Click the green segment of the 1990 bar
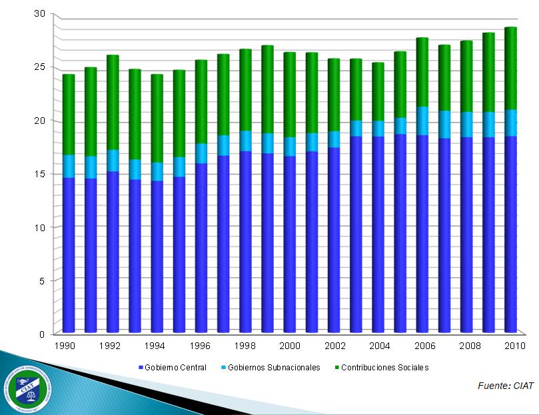coord(69,115)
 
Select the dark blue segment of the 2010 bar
coord(510,233)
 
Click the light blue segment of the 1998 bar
coord(246,141)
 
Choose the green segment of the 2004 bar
coord(378,91)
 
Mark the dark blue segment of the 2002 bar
coord(334,239)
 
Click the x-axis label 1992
coord(109,346)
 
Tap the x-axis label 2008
coord(470,346)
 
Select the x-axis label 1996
coord(201,346)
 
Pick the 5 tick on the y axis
coord(41,280)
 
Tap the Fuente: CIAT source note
coord(506,386)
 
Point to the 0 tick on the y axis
coord(41,334)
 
